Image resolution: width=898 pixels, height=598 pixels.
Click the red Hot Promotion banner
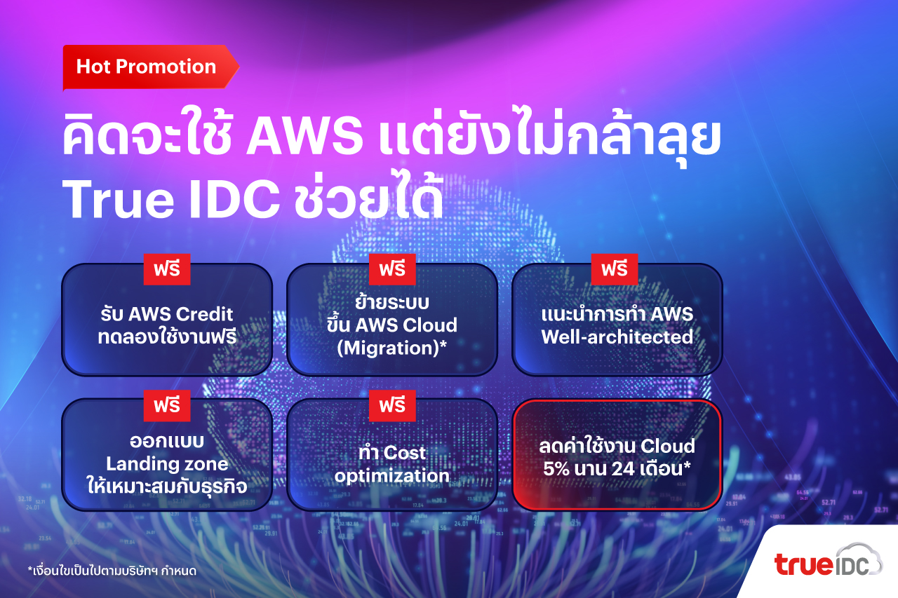pyautogui.click(x=150, y=67)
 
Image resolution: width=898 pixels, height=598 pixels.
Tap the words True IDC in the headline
pyautogui.click(x=170, y=199)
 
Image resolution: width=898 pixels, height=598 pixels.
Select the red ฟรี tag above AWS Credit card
pyautogui.click(x=167, y=269)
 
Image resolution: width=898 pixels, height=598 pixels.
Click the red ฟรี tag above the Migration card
pyautogui.click(x=392, y=269)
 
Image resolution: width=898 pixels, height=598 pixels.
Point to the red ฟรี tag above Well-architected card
pyautogui.click(x=615, y=269)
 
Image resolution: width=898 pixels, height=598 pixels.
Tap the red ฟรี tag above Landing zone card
pyautogui.click(x=167, y=405)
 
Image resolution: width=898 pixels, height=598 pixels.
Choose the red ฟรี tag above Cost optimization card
pyautogui.click(x=392, y=405)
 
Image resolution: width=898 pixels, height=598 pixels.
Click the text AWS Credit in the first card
pyautogui.click(x=180, y=314)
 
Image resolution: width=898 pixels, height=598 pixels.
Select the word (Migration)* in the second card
pyautogui.click(x=391, y=348)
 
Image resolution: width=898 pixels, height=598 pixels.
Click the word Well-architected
pyautogui.click(x=617, y=337)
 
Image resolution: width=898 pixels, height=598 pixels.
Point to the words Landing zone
pyautogui.click(x=167, y=464)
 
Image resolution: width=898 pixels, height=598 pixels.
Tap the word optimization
pyautogui.click(x=391, y=476)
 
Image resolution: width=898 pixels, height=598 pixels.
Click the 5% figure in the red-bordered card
pyautogui.click(x=556, y=468)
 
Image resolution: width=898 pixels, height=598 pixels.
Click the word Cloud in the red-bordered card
pyautogui.click(x=667, y=446)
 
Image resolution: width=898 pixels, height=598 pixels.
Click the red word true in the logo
pyautogui.click(x=803, y=564)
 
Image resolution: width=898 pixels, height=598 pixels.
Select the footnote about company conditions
pyautogui.click(x=112, y=571)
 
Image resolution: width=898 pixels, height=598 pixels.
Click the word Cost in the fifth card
pyautogui.click(x=404, y=453)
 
